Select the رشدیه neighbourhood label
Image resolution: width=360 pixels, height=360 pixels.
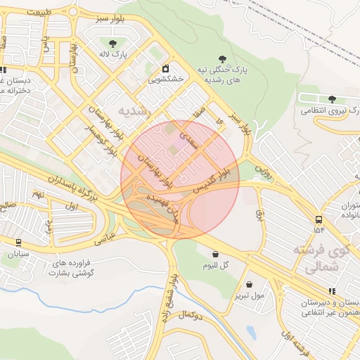click(x=134, y=110)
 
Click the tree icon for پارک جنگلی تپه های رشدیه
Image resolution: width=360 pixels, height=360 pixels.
click(x=223, y=59)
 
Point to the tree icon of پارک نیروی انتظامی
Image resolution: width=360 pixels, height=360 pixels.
click(x=332, y=98)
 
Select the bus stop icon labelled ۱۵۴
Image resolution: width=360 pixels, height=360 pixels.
click(x=319, y=218)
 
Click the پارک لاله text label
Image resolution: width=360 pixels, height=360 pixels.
click(x=114, y=53)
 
